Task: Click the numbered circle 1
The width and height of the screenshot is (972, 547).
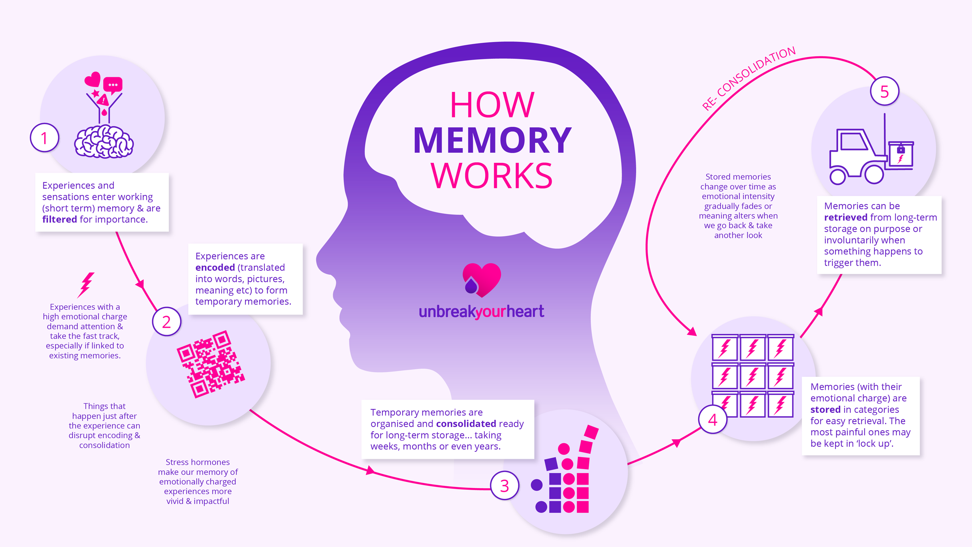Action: (45, 138)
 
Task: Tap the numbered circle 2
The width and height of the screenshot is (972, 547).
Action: (166, 322)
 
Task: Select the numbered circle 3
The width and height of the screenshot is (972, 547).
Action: (504, 485)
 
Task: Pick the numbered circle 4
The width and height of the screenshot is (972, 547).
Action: (712, 419)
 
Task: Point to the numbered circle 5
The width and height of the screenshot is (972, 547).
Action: (885, 91)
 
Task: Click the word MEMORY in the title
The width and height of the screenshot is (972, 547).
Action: (492, 140)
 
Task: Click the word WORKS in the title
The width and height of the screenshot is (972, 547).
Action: (492, 176)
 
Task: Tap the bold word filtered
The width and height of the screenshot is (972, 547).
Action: (60, 220)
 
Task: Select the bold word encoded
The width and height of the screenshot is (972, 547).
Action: (215, 267)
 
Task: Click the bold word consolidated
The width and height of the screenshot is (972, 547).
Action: (466, 424)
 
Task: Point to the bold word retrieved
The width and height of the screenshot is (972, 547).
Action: (846, 218)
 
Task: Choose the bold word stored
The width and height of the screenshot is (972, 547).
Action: (825, 410)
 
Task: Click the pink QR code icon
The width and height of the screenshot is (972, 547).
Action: (211, 364)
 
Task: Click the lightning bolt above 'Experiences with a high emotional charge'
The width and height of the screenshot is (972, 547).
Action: (86, 284)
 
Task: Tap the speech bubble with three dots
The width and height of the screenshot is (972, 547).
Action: (113, 85)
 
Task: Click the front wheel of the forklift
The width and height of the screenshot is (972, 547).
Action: (874, 175)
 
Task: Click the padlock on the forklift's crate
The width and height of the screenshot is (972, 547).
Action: (901, 150)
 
